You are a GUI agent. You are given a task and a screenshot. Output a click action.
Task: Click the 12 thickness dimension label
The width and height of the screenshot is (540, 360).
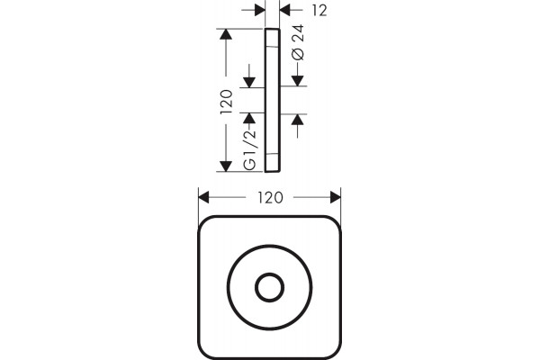319,11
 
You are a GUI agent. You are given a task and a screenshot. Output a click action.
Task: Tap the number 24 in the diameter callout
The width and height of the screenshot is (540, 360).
298,33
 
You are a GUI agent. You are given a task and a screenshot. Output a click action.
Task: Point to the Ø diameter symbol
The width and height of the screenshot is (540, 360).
298,54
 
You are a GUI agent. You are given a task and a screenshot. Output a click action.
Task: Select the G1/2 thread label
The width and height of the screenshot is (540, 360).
249,149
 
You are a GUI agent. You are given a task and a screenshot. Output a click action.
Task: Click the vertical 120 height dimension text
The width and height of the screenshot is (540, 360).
226,102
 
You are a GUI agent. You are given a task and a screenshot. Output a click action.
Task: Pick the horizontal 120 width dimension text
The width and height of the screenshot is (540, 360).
270,198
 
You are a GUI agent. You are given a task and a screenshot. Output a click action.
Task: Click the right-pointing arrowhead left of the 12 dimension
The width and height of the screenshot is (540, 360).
260,10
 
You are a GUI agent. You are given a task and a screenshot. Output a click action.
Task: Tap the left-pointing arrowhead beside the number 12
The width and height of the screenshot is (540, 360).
285,10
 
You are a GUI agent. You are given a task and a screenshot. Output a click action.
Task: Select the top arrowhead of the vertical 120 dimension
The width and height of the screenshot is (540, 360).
226,34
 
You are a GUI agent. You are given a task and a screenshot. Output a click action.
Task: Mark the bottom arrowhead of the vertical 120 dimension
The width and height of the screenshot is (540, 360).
226,166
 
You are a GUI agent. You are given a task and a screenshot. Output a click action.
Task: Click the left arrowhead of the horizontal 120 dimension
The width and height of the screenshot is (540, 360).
204,198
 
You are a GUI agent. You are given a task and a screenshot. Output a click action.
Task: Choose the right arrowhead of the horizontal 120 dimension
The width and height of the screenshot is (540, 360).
336,198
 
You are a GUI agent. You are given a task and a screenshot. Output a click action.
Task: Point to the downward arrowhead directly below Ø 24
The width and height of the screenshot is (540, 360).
298,81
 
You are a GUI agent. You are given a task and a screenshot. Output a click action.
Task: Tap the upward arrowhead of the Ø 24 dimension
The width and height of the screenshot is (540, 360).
298,120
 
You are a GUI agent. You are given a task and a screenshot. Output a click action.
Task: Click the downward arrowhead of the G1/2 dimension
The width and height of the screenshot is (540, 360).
249,83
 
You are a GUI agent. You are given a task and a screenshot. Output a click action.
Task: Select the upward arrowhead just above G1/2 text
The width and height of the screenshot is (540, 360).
249,118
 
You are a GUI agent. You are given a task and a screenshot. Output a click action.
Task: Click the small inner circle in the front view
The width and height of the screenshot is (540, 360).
270,288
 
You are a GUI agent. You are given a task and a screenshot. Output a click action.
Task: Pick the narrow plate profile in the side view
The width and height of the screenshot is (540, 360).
273,100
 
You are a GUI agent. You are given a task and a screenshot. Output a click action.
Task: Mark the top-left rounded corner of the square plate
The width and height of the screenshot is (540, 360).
206,224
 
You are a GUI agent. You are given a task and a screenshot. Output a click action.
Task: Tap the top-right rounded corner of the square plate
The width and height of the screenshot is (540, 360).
333,224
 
